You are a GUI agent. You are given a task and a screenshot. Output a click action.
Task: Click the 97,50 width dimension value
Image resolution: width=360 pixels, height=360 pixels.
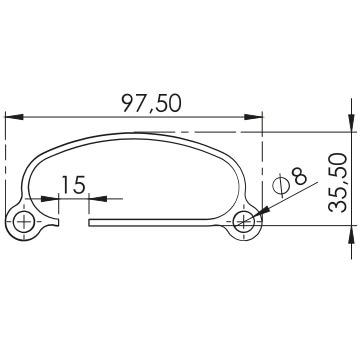point(151,103)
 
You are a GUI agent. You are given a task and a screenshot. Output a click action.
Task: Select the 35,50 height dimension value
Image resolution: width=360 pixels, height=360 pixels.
point(337,183)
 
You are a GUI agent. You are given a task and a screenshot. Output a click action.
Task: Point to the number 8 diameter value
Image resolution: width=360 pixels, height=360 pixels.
point(299,176)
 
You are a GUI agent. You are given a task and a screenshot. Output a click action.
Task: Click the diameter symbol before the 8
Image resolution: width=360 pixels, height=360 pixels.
point(280,185)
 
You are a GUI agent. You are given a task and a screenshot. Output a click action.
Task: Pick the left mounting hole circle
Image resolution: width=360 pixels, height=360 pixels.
point(24,222)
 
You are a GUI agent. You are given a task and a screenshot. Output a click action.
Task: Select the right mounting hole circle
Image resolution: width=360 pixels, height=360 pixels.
point(244,221)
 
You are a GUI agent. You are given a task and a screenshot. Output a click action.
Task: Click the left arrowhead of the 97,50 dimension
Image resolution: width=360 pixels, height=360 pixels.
point(14,117)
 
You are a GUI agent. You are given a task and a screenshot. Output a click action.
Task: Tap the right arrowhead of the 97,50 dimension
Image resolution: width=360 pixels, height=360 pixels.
point(253,117)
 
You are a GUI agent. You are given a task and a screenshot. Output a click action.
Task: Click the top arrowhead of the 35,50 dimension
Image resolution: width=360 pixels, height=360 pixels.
point(351,123)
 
